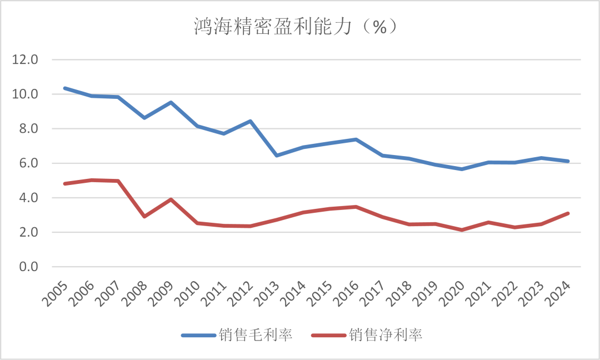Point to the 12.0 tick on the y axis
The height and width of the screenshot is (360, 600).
pos(25,59)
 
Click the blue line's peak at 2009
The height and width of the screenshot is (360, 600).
pos(171,102)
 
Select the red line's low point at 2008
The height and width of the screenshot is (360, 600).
pos(144,216)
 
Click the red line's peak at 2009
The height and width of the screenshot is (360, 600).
pos(171,199)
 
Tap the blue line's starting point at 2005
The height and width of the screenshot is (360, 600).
pos(65,88)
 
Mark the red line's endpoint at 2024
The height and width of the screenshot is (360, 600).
pos(568,213)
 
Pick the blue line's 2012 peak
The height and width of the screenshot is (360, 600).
pos(251,121)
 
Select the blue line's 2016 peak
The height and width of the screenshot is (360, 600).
pos(356,139)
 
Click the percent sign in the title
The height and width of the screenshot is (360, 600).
pos(379,27)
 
